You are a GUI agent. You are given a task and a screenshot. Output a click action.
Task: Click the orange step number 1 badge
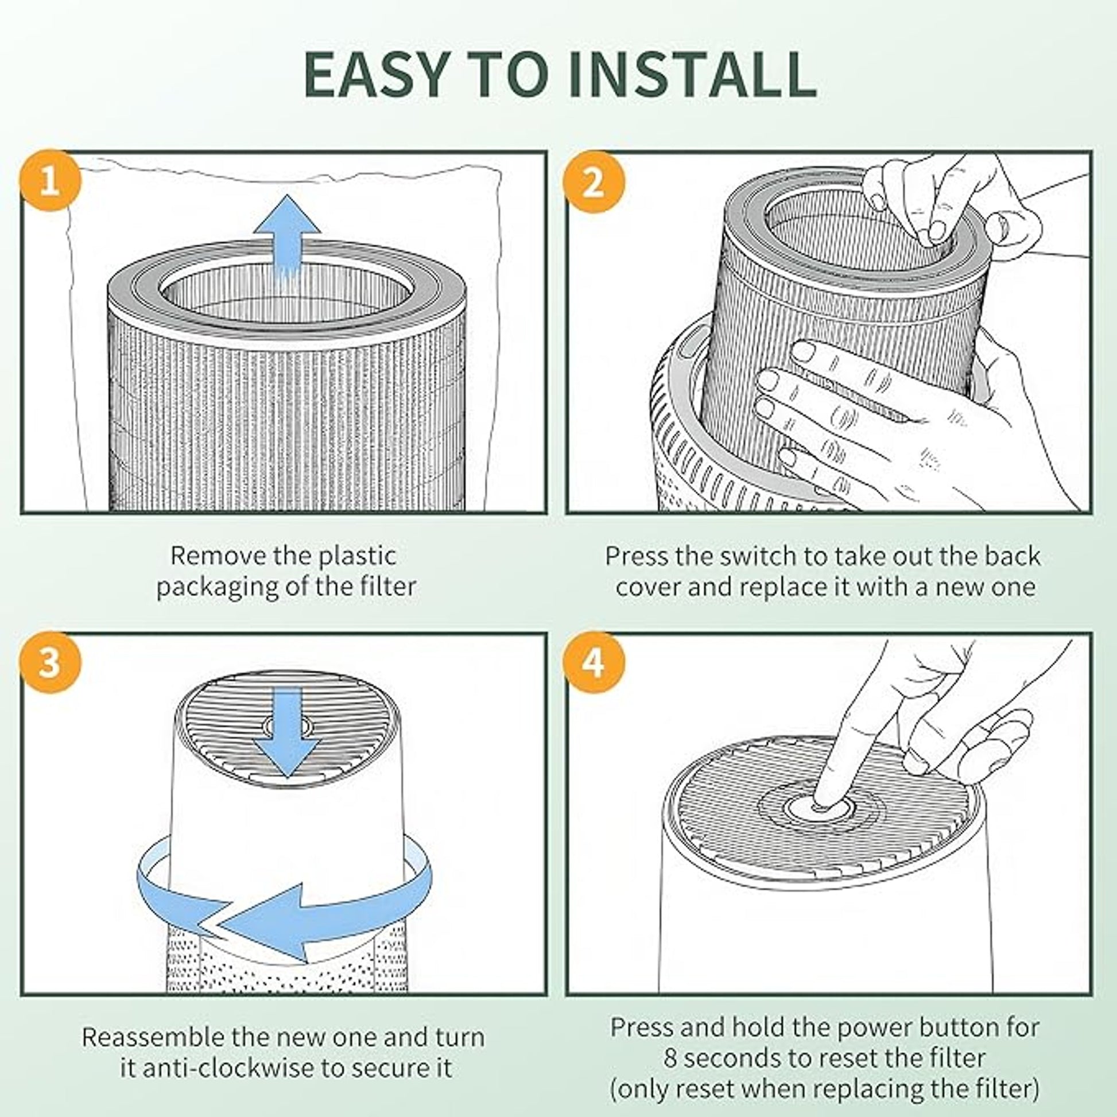point(51,180)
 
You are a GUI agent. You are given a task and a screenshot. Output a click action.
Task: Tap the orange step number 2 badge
point(594,182)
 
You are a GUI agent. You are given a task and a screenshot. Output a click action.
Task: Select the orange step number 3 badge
point(51,661)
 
